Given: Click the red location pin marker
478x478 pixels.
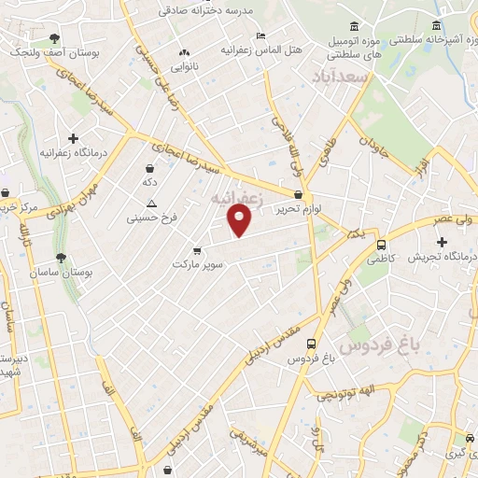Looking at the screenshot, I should (x=240, y=219).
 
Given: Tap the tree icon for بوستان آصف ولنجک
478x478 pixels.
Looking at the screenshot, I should (x=55, y=38).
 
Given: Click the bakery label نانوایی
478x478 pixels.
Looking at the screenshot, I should (x=183, y=67).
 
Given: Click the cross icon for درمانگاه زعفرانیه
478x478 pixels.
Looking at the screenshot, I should (x=74, y=137).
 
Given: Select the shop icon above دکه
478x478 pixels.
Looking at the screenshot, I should (x=149, y=167).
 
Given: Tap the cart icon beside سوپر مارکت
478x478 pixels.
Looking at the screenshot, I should (x=196, y=250).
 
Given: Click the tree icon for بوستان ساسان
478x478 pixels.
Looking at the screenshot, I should (x=62, y=257).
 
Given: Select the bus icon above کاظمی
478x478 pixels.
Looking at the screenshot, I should (x=381, y=246).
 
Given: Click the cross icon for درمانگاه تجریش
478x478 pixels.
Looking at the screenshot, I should (x=441, y=242).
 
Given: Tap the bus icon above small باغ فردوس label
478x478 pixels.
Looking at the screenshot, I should (x=311, y=344).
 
